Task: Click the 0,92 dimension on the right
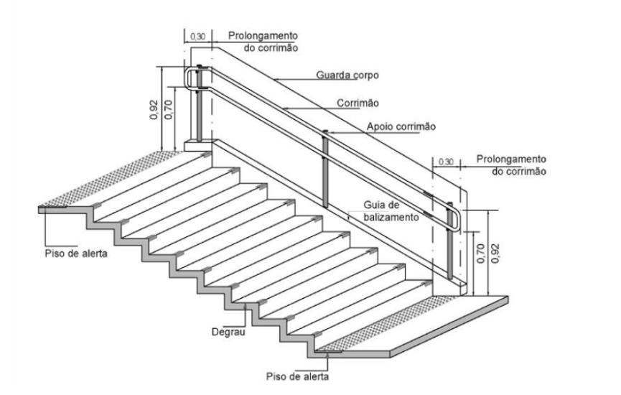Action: [x=495, y=253]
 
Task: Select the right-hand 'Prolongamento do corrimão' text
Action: [x=511, y=165]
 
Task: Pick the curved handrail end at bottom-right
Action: [x=456, y=218]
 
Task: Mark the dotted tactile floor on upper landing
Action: [x=108, y=177]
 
